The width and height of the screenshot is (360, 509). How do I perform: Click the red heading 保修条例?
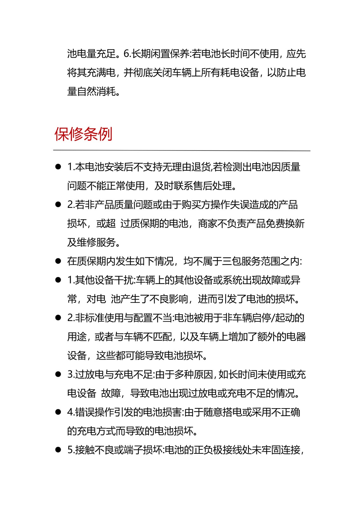click(x=83, y=134)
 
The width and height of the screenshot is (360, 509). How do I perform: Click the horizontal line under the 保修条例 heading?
click(x=181, y=150)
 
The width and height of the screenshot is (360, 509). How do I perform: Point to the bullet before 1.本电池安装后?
click(x=58, y=167)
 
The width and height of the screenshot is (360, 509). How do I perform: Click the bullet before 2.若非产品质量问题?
click(x=58, y=205)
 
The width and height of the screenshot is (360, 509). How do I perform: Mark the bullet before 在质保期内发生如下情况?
click(x=58, y=261)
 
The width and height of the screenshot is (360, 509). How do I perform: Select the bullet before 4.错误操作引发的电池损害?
click(x=58, y=412)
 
